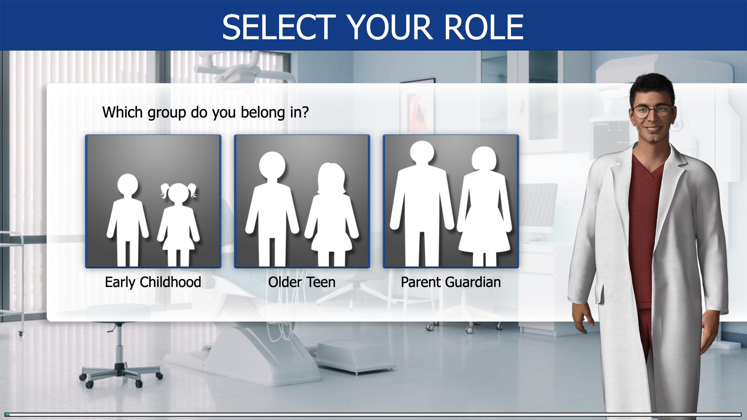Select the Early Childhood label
[x=153, y=282]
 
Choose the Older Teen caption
[x=302, y=282]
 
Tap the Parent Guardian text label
[x=451, y=282]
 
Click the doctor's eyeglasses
[x=652, y=111]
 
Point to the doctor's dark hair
[x=652, y=87]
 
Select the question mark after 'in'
[x=305, y=112]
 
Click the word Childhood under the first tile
[x=170, y=282]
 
